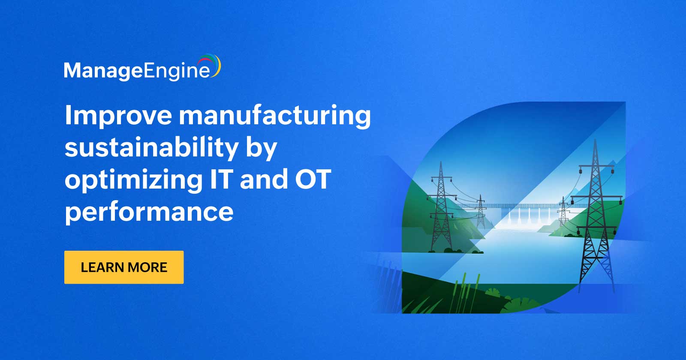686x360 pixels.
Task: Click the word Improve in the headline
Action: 118,116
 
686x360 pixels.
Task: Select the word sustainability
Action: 151,147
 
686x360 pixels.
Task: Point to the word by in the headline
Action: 261,148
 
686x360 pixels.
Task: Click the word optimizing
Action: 133,180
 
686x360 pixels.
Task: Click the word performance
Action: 149,212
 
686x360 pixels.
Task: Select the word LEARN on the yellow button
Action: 101,267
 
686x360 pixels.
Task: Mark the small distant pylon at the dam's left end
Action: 480,211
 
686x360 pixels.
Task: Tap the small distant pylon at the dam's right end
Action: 563,211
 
